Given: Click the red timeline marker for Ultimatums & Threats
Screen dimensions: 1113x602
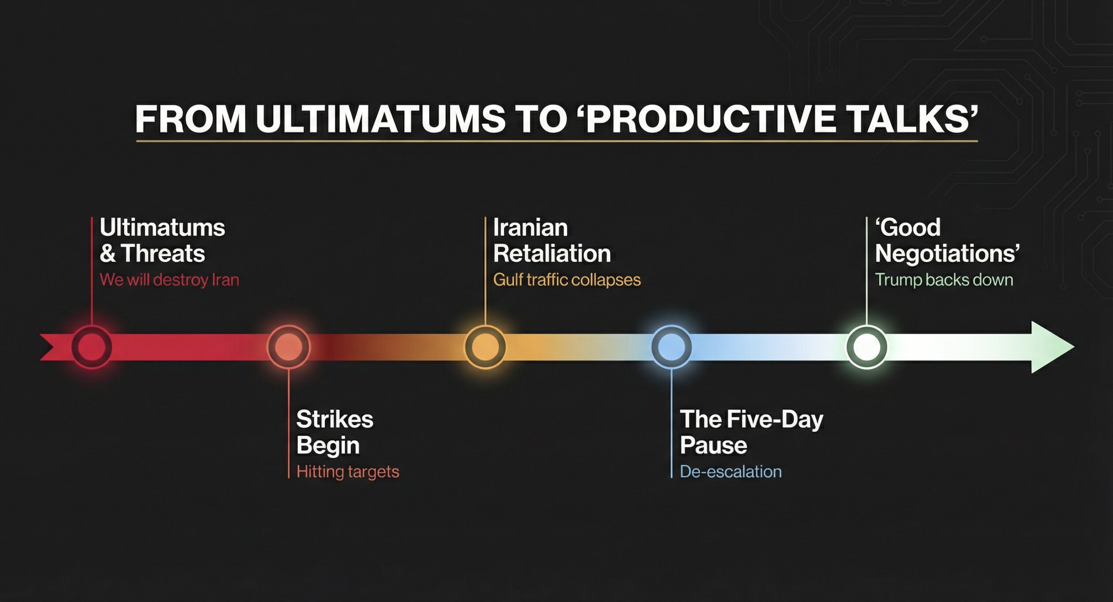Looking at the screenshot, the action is (x=92, y=347).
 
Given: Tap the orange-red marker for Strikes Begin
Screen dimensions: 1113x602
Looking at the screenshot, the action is (x=289, y=347).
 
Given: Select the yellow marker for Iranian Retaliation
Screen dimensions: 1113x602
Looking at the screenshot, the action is (x=485, y=347).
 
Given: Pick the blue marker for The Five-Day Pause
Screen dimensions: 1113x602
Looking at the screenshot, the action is (x=671, y=347).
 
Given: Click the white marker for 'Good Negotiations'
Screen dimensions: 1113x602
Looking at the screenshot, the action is (x=866, y=347).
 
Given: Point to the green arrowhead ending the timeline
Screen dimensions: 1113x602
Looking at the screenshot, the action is (x=1053, y=347).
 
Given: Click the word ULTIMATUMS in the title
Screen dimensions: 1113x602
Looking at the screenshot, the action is (x=380, y=119).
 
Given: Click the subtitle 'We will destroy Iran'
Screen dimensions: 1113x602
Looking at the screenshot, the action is (x=169, y=280).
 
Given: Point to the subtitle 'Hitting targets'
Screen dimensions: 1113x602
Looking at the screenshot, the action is (x=348, y=472).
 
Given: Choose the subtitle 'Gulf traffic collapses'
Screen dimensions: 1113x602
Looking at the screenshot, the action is (x=567, y=280).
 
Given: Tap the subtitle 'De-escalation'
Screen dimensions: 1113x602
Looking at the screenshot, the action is (x=731, y=472).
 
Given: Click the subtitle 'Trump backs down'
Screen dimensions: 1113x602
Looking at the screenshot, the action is (x=944, y=280).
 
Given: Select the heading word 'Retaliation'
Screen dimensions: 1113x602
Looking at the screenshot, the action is (x=552, y=254).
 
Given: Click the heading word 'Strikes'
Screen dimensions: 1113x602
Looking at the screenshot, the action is (x=335, y=419).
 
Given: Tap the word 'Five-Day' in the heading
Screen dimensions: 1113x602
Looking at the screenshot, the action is (x=775, y=420).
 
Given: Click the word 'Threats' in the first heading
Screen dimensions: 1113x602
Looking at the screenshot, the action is (x=163, y=254).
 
